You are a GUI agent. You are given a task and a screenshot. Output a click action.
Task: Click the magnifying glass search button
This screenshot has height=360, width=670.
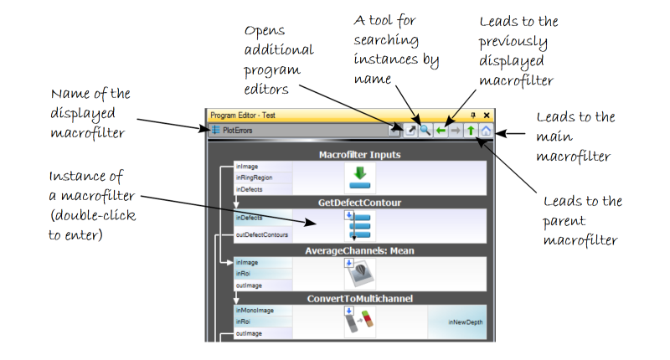tap(425, 130)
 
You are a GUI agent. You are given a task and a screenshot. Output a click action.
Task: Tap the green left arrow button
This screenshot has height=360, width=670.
tap(441, 130)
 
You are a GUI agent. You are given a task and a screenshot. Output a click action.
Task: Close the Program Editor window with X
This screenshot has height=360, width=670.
tap(487, 115)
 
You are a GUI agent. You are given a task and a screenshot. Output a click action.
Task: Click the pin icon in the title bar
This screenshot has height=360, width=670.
tap(473, 115)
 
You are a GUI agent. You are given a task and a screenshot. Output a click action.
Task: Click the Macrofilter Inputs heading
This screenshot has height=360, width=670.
tap(360, 155)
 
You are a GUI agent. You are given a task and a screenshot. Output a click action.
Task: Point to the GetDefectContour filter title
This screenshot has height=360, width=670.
tap(360, 203)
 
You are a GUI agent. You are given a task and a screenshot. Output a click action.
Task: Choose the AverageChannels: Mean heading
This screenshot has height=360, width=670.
tap(360, 250)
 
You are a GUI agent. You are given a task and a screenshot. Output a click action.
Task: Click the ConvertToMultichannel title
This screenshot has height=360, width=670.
tap(360, 298)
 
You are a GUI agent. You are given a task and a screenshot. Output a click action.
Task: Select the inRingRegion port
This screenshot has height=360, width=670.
tap(254, 177)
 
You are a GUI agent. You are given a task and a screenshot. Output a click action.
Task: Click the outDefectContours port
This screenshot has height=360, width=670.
tap(261, 235)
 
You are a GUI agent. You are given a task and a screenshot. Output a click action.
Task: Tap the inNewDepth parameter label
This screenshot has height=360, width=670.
tap(465, 322)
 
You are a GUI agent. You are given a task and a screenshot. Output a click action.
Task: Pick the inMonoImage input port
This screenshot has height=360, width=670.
tap(255, 311)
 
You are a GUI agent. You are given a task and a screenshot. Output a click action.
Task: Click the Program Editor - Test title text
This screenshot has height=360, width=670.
tap(242, 115)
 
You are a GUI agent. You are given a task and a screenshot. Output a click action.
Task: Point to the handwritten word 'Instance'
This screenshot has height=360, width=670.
tap(75, 177)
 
